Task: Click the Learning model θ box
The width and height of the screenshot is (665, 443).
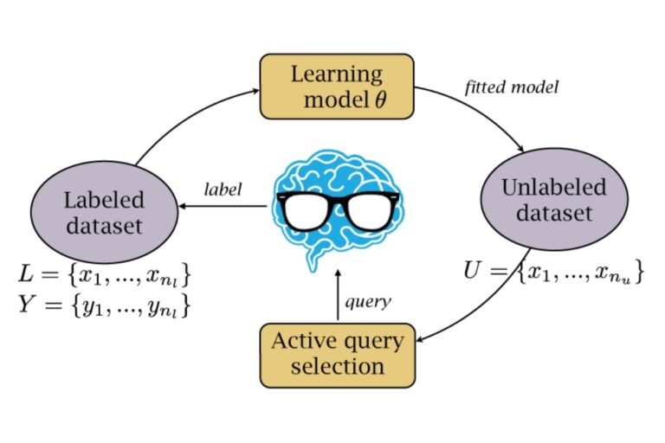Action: click(x=338, y=87)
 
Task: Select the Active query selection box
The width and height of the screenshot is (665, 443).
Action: click(x=338, y=353)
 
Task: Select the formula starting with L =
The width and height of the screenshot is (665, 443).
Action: click(x=104, y=275)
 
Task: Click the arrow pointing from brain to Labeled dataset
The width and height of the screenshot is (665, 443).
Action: click(x=225, y=207)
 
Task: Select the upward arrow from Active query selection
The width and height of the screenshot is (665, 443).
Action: click(x=338, y=299)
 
